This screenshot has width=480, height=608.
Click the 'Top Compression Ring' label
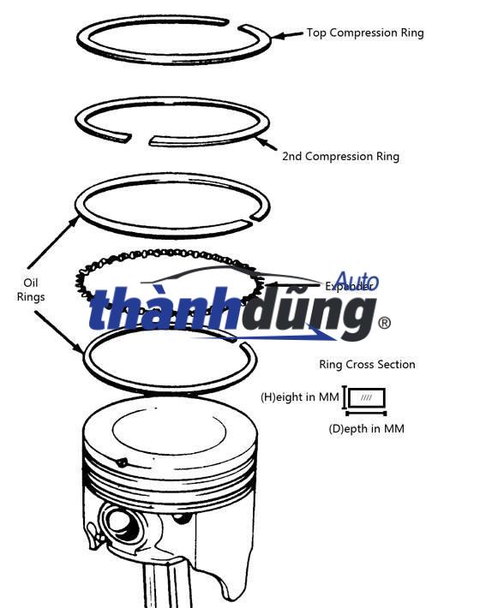point(365,33)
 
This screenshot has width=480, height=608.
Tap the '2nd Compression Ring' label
point(340,157)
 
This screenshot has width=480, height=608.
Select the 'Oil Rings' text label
point(32,289)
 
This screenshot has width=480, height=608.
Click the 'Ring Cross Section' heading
point(367,365)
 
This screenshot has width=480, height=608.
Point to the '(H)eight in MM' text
point(299,397)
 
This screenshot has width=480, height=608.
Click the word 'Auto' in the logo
point(356,282)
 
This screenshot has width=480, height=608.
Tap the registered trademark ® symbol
point(385,323)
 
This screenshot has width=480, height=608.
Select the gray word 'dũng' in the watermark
point(300,313)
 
